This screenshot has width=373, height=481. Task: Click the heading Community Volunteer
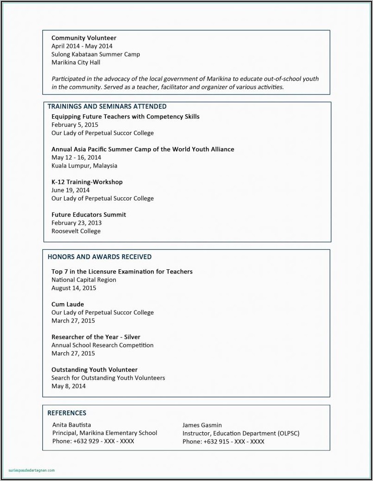point(84,38)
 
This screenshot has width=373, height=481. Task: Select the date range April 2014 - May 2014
point(82,46)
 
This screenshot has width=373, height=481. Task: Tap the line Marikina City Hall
point(76,62)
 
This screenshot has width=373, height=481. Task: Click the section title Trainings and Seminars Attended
point(107,106)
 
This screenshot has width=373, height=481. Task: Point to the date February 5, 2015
point(74,124)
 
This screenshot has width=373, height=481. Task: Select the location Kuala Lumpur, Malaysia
point(84,165)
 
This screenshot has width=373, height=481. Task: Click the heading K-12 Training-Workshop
point(87,182)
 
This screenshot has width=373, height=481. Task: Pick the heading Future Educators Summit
point(88,214)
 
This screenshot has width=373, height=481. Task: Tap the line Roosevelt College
point(76,231)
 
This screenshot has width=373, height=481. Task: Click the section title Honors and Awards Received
point(99,256)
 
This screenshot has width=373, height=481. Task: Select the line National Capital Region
point(84,279)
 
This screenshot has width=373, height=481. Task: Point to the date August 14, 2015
point(73,288)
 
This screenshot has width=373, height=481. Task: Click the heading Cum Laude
point(67,304)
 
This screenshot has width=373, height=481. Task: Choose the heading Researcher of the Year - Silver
point(96,337)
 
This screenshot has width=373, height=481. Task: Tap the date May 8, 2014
point(68,386)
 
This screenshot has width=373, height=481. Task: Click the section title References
point(67,413)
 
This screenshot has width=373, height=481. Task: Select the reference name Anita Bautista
point(72,424)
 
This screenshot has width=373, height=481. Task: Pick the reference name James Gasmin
point(202,425)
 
